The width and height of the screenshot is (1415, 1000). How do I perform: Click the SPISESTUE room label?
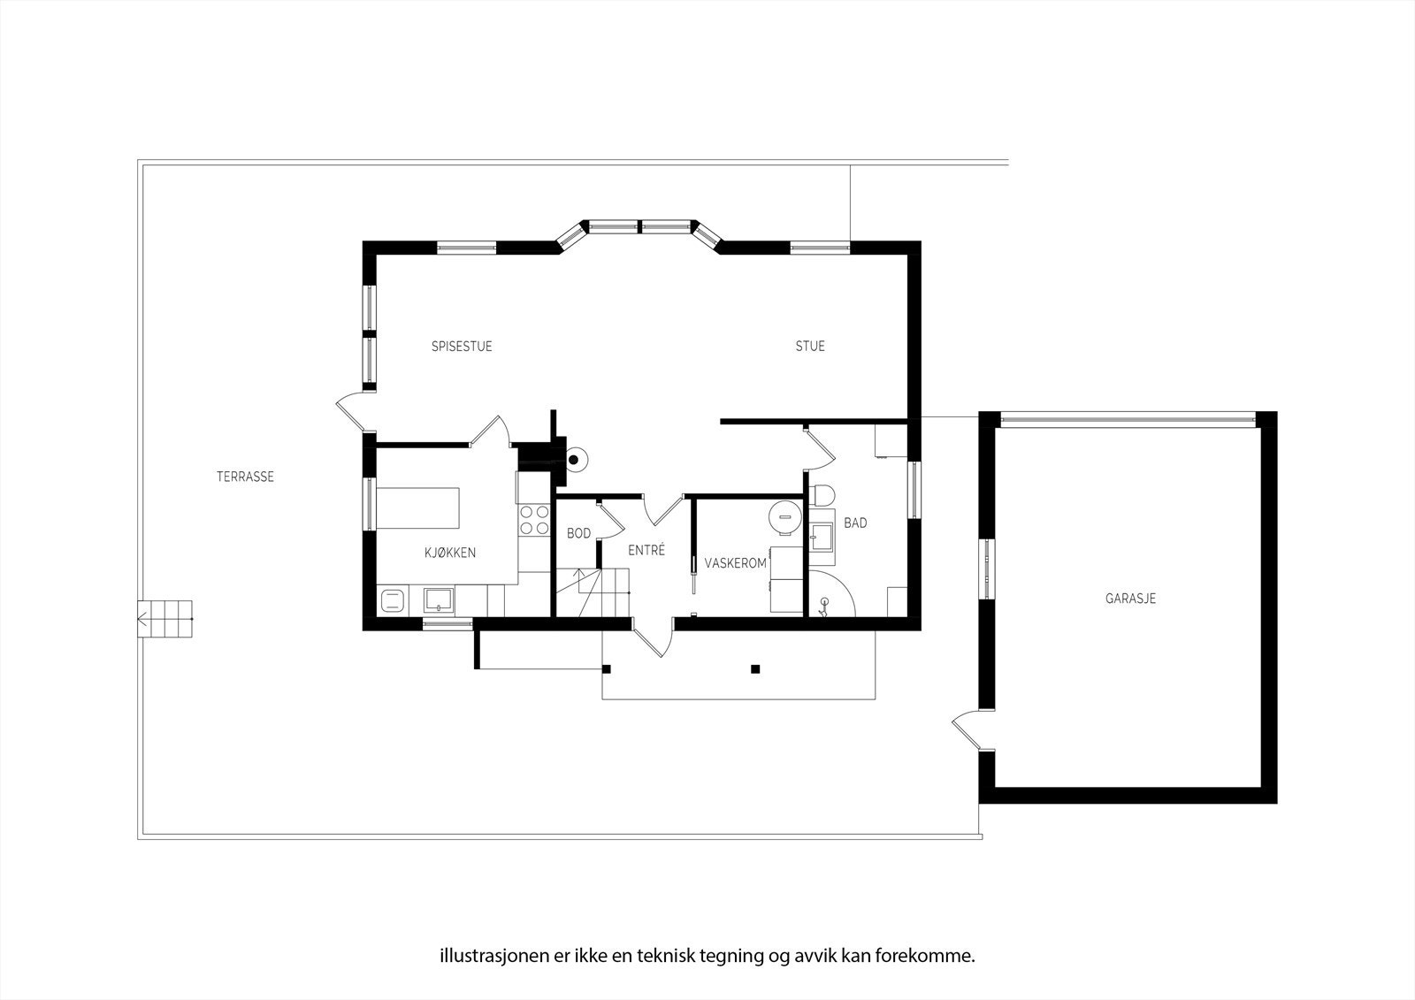(x=462, y=347)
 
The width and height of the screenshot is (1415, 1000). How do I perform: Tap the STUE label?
(x=809, y=347)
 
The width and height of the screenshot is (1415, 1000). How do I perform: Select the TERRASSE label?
(x=245, y=477)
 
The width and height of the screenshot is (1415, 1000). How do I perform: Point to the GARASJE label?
(x=1130, y=599)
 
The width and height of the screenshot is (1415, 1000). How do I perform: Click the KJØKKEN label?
(x=450, y=553)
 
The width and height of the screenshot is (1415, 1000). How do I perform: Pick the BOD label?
(x=578, y=533)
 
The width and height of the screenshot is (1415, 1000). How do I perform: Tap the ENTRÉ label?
(x=646, y=550)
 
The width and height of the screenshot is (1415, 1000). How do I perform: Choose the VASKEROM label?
(x=735, y=563)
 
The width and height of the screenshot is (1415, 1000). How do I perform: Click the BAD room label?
(x=855, y=523)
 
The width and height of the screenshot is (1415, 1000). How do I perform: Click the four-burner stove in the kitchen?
(x=533, y=520)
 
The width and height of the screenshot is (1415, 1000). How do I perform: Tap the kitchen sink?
(x=439, y=600)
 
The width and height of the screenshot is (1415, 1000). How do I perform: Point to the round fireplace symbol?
(x=575, y=459)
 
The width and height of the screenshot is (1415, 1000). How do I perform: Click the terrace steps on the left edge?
(x=165, y=616)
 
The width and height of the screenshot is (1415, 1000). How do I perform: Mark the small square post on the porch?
(x=754, y=668)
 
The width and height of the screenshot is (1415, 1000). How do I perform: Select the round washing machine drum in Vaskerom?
(x=783, y=518)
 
